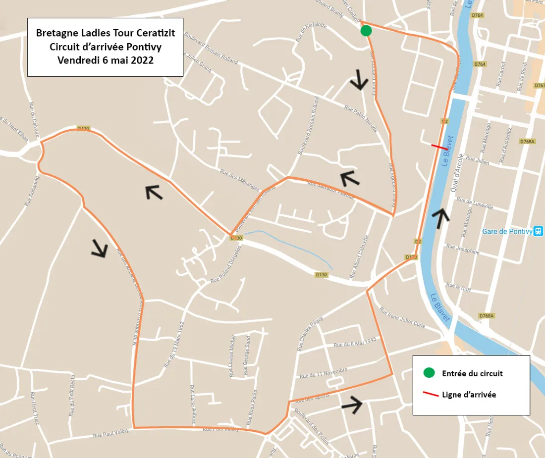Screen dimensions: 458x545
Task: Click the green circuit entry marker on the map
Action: pyautogui.click(x=366, y=31)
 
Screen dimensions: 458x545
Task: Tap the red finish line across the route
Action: pyautogui.click(x=439, y=147)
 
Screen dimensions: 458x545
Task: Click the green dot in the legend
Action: pyautogui.click(x=429, y=373)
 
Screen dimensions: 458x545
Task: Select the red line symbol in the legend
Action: pyautogui.click(x=429, y=395)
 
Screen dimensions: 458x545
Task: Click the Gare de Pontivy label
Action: pyautogui.click(x=506, y=231)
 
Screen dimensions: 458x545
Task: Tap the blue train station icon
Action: pyautogui.click(x=539, y=231)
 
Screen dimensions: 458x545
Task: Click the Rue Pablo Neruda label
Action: pyautogui.click(x=361, y=119)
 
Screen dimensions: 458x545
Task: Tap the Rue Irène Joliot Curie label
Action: pyautogui.click(x=402, y=317)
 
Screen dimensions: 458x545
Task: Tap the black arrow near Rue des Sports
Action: pyautogui.click(x=352, y=405)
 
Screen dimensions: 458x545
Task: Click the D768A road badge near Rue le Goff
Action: pyautogui.click(x=487, y=316)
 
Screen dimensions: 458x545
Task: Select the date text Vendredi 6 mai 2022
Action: pyautogui.click(x=105, y=60)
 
